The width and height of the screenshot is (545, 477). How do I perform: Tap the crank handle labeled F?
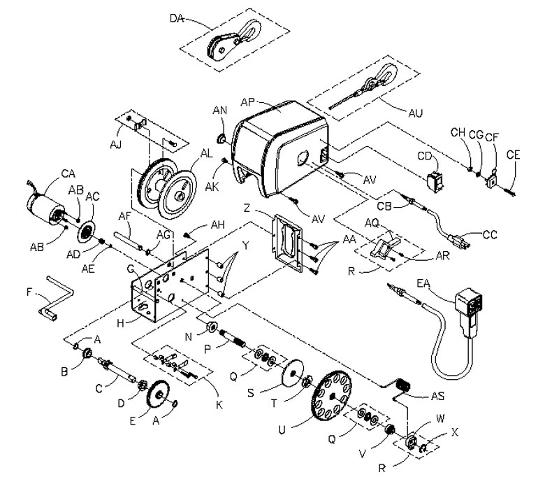click(x=55, y=297)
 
